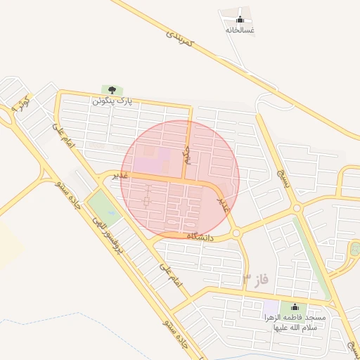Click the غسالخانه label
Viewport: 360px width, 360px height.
(x=240, y=30)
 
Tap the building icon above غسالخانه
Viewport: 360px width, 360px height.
(x=240, y=20)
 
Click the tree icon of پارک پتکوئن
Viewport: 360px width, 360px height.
(x=112, y=90)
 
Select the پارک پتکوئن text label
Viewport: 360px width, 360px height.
(x=112, y=101)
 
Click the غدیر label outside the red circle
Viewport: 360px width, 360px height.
(x=120, y=175)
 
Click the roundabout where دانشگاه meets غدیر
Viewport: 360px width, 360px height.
(x=236, y=233)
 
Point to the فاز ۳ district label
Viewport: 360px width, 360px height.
(x=255, y=281)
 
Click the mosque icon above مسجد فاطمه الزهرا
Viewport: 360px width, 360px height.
(x=294, y=307)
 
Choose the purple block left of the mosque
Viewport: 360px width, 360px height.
(x=270, y=308)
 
